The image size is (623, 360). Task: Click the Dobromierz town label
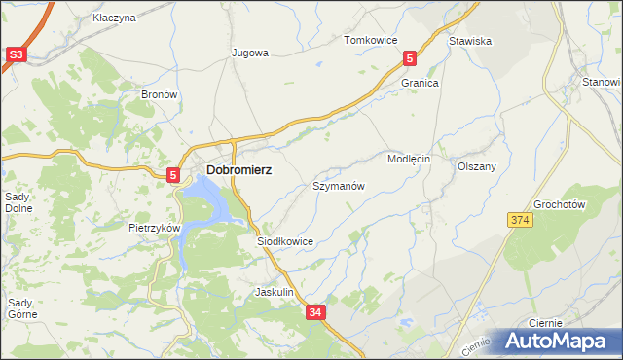pos(238,169)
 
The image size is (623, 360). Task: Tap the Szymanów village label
pos(338,185)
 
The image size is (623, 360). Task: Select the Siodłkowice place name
pos(284,240)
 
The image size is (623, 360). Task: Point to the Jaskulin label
pos(274,292)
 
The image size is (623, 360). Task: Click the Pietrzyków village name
pos(156,227)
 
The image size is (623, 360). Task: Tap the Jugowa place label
pos(249,53)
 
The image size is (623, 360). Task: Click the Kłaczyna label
pos(114,18)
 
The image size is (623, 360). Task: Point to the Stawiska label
pos(469,41)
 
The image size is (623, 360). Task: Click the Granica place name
pos(421,84)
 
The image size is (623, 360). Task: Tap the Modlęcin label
pos(408,158)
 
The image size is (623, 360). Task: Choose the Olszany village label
pos(477,166)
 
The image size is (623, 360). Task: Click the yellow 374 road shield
pos(519,222)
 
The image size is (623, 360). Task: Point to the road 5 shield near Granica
pos(410,59)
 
